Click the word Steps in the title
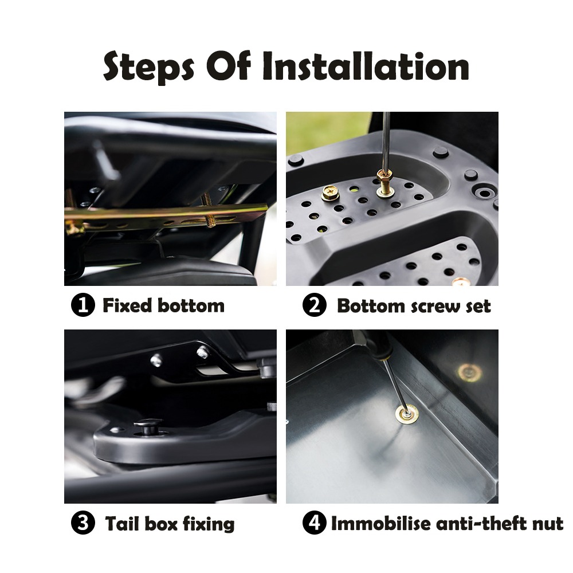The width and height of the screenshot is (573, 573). [149, 67]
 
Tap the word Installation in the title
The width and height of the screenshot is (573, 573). [366, 66]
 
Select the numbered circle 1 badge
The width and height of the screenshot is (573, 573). [83, 305]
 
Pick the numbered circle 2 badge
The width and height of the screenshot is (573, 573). [314, 305]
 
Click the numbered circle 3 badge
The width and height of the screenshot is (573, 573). [83, 523]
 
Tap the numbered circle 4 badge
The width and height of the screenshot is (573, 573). [314, 523]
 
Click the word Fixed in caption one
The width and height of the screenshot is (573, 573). [127, 305]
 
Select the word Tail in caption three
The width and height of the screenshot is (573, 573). [123, 523]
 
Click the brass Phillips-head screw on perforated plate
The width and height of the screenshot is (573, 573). [331, 193]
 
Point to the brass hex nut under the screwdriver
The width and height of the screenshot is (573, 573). [384, 176]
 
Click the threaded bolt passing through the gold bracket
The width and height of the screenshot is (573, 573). [208, 210]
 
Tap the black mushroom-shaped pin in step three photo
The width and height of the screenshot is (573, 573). [148, 426]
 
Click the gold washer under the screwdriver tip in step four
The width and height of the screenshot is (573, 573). [407, 414]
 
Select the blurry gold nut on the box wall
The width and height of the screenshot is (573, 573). [469, 373]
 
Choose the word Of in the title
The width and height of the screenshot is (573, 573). [229, 66]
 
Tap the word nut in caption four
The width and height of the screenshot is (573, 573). [548, 524]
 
